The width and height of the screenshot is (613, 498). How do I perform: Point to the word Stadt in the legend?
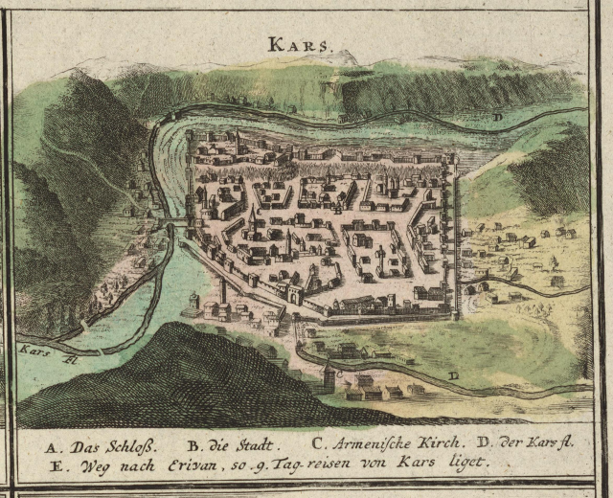pos(255,445)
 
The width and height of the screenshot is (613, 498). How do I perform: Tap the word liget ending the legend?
pos(467,463)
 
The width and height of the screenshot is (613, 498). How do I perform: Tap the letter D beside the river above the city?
pos(497,117)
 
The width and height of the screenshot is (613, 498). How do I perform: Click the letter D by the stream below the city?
pos(453,374)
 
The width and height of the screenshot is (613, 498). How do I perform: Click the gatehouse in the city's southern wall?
pos(296,296)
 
